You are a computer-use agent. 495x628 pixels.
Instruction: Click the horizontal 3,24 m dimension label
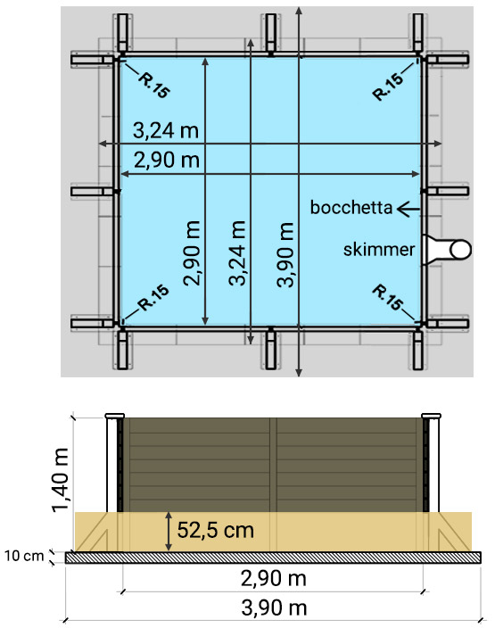pos(165,131)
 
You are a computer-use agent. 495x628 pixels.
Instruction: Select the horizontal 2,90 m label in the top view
pos(165,161)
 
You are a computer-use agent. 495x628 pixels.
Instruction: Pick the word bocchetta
pos(351,208)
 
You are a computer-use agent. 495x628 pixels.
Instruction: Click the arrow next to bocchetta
pos(408,208)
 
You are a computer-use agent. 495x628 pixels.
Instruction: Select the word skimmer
pos(379,250)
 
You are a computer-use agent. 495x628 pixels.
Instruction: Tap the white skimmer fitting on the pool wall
pos(447,249)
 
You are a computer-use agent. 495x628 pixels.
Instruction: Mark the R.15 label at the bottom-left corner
pos(153,298)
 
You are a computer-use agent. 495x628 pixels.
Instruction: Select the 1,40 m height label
pos(62,480)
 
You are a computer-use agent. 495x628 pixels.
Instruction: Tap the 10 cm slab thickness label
pos(23,557)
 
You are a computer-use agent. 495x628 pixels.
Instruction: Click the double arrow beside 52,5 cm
pos(168,531)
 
